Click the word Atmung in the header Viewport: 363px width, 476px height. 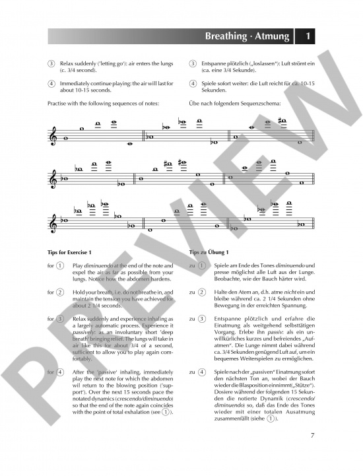click(x=273, y=37)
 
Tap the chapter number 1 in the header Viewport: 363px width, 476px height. click(x=308, y=37)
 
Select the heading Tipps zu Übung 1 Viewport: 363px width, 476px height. click(x=209, y=252)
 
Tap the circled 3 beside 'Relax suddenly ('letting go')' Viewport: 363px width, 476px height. click(x=51, y=63)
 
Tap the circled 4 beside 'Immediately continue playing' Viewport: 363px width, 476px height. click(x=51, y=84)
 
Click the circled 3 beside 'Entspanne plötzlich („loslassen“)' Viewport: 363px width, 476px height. click(x=193, y=63)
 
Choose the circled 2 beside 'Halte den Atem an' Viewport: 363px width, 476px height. click(x=201, y=292)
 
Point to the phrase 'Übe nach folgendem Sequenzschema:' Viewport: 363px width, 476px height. click(x=235, y=104)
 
